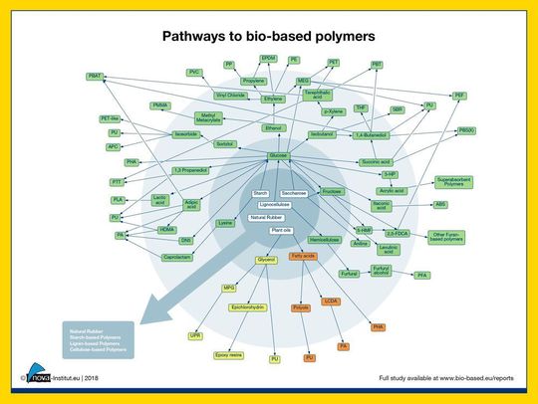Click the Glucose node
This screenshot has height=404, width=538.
click(x=278, y=156)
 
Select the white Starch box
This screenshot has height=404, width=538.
click(x=261, y=192)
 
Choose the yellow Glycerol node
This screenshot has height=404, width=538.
click(x=266, y=258)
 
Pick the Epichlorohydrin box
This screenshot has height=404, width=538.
click(x=245, y=307)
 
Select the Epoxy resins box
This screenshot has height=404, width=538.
click(x=229, y=355)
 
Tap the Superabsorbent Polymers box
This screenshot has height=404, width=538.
click(x=459, y=182)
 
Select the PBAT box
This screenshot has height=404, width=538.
click(x=95, y=77)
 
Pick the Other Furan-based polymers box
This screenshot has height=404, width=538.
click(x=447, y=237)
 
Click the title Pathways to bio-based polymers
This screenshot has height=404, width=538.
click(x=268, y=36)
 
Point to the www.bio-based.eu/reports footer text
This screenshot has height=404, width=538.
click(x=468, y=378)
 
